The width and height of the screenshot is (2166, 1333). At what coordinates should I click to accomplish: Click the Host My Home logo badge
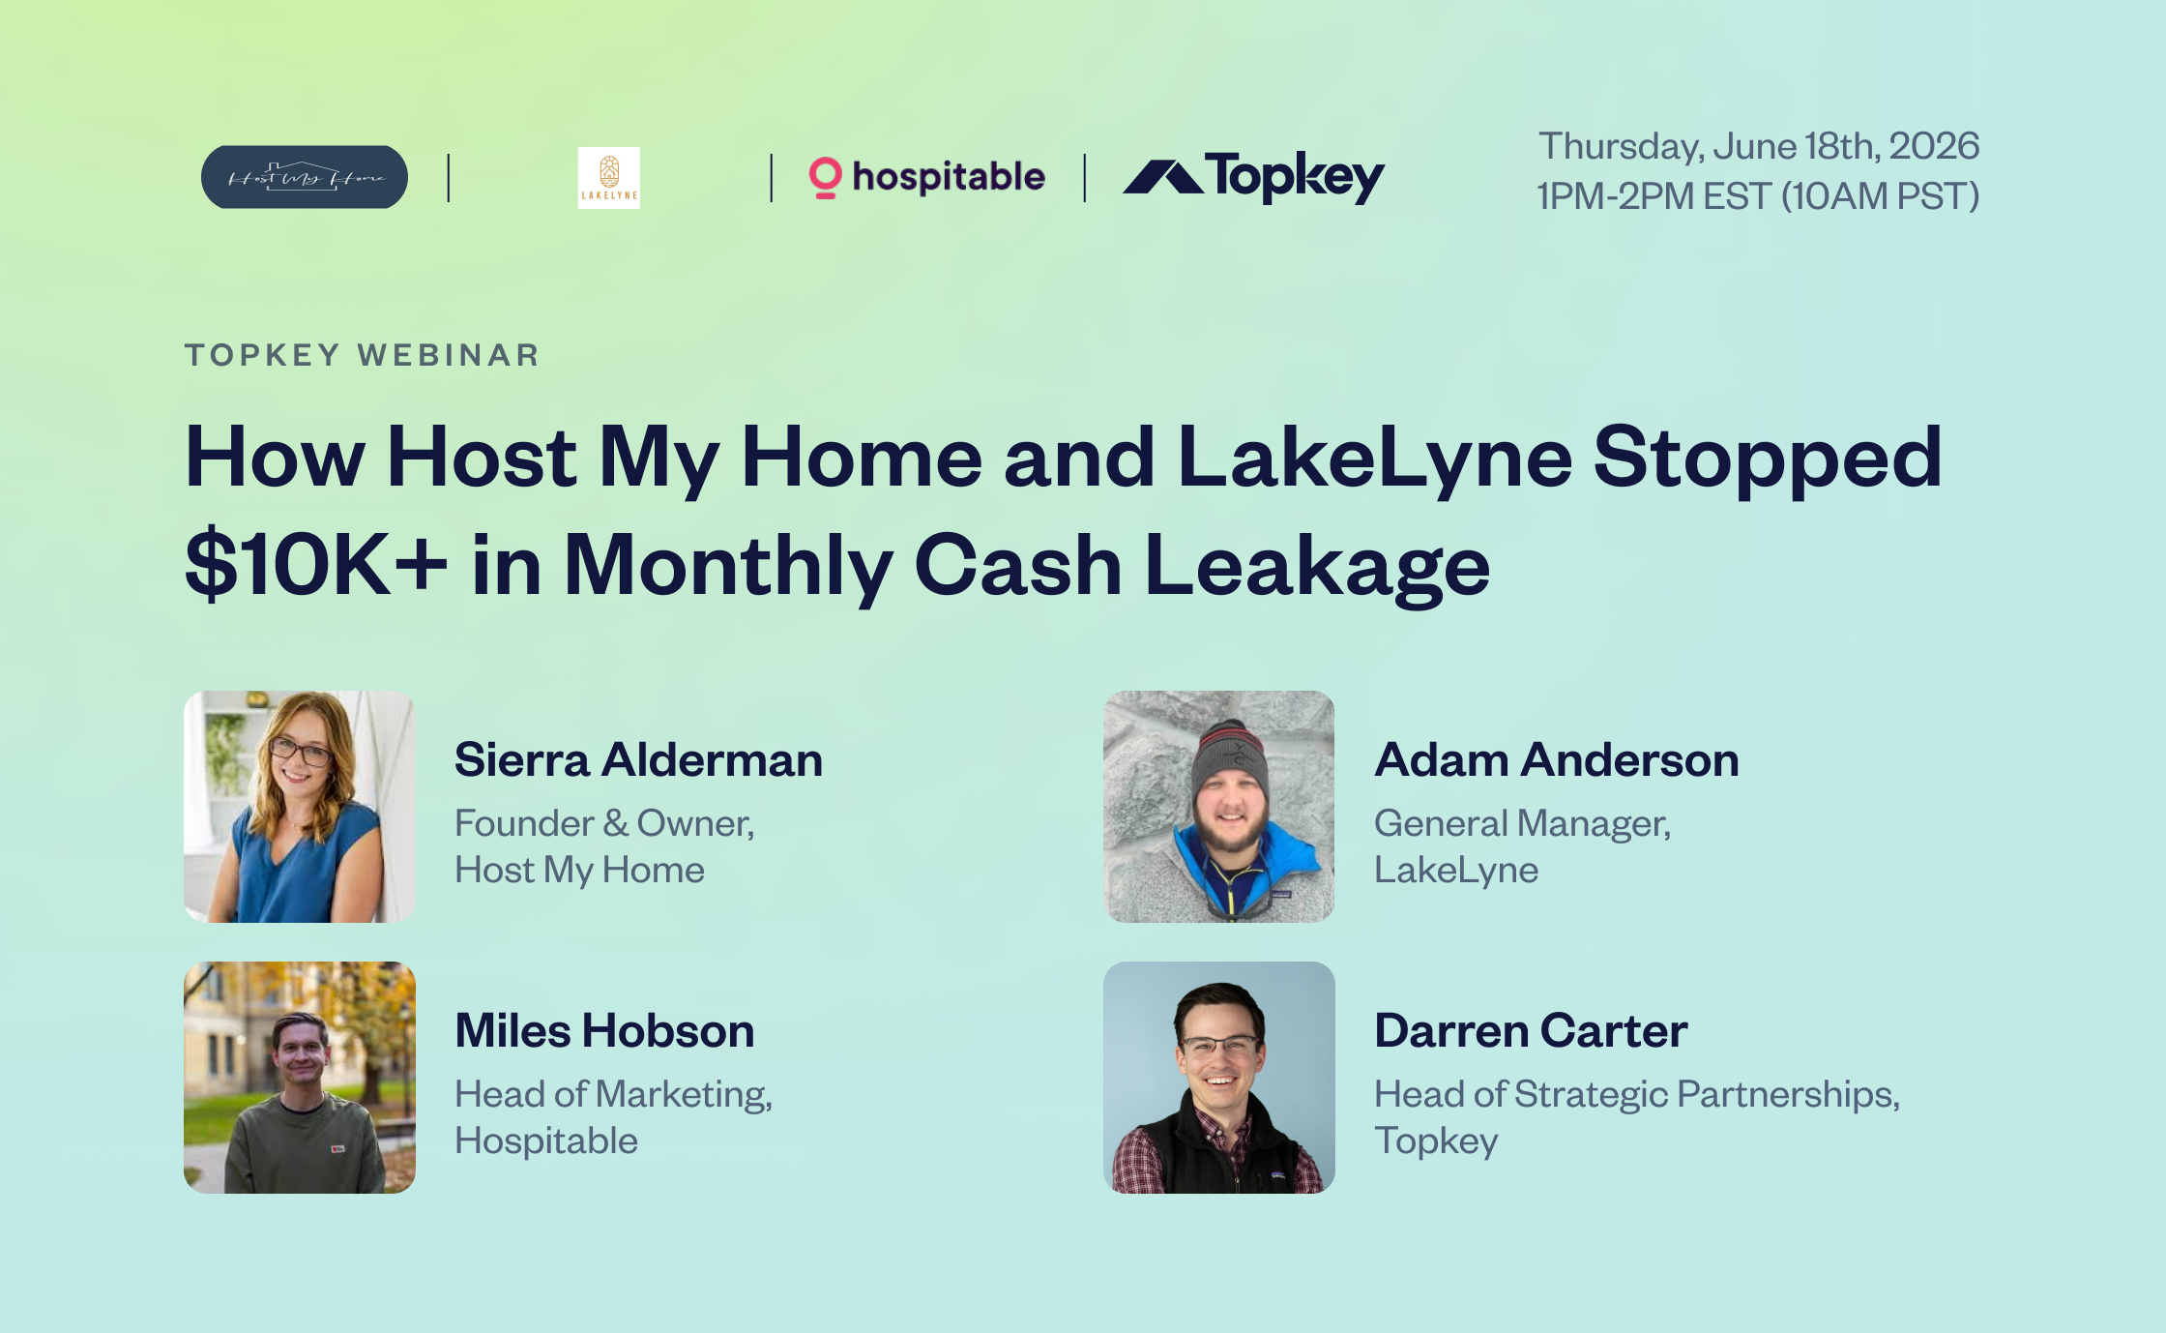(x=305, y=177)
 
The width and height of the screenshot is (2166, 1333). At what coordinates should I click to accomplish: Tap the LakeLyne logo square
(x=608, y=178)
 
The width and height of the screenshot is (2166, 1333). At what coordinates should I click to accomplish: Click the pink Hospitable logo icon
(x=825, y=178)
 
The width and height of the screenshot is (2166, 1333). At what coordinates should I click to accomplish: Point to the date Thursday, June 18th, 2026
(x=1759, y=146)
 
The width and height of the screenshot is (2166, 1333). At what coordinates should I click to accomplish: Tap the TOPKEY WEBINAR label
(x=363, y=355)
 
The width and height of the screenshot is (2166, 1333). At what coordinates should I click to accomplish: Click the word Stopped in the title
(x=1768, y=460)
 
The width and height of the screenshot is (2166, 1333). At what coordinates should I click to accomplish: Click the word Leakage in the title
(x=1317, y=568)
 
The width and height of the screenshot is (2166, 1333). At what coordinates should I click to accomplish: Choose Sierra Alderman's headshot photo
(x=300, y=807)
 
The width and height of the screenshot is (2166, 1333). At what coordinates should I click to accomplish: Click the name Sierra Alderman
(x=639, y=759)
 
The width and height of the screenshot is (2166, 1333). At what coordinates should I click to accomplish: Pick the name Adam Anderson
(x=1557, y=759)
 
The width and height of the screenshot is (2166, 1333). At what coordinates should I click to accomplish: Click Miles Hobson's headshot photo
(x=300, y=1078)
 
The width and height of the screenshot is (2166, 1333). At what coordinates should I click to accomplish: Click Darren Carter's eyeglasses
(x=1218, y=1046)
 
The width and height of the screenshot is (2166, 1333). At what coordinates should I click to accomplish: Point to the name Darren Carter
(x=1531, y=1030)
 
